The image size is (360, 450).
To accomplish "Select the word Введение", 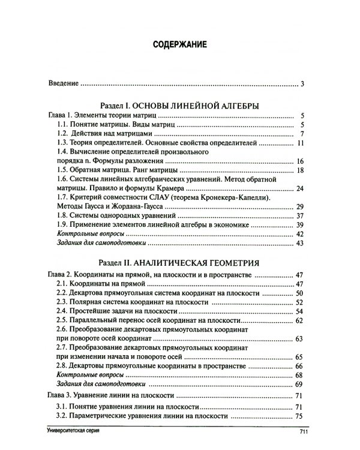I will tap(64, 84).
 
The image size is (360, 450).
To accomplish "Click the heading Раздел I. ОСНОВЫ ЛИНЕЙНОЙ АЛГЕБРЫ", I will tap(179, 105).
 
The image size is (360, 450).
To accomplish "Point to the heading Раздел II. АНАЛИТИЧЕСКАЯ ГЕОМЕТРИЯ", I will tap(179, 262).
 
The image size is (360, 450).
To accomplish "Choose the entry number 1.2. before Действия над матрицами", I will tap(64, 134).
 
